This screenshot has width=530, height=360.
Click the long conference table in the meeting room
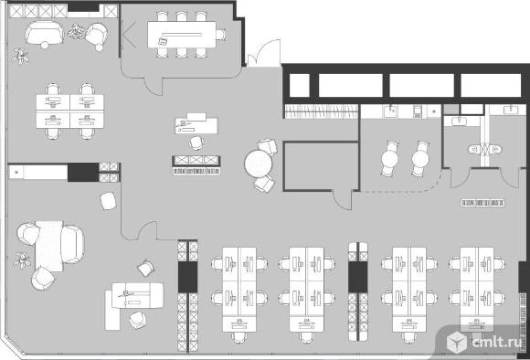(x=182, y=35)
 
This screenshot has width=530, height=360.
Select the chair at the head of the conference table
(x=221, y=35)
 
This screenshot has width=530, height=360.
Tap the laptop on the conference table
(x=163, y=42)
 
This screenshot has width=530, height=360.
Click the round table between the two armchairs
(x=259, y=164)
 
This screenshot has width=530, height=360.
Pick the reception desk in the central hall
(x=196, y=124)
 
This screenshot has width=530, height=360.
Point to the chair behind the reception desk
(x=196, y=142)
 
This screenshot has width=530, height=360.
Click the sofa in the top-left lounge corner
(x=44, y=33)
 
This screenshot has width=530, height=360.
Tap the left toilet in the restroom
(x=475, y=149)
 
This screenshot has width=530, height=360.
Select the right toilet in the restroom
(x=495, y=149)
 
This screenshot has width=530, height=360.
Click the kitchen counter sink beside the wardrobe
(x=391, y=111)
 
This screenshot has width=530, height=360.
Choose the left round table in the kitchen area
(x=389, y=159)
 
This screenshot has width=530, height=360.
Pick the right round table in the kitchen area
(x=420, y=159)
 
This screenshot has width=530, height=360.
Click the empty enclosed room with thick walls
(x=321, y=166)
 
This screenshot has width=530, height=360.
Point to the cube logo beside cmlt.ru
(x=457, y=342)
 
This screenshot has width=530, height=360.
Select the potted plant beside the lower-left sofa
(x=22, y=259)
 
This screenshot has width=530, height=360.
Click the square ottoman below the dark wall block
(x=108, y=201)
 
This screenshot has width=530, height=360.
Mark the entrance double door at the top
(x=264, y=53)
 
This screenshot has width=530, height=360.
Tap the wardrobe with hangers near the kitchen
(x=321, y=111)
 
